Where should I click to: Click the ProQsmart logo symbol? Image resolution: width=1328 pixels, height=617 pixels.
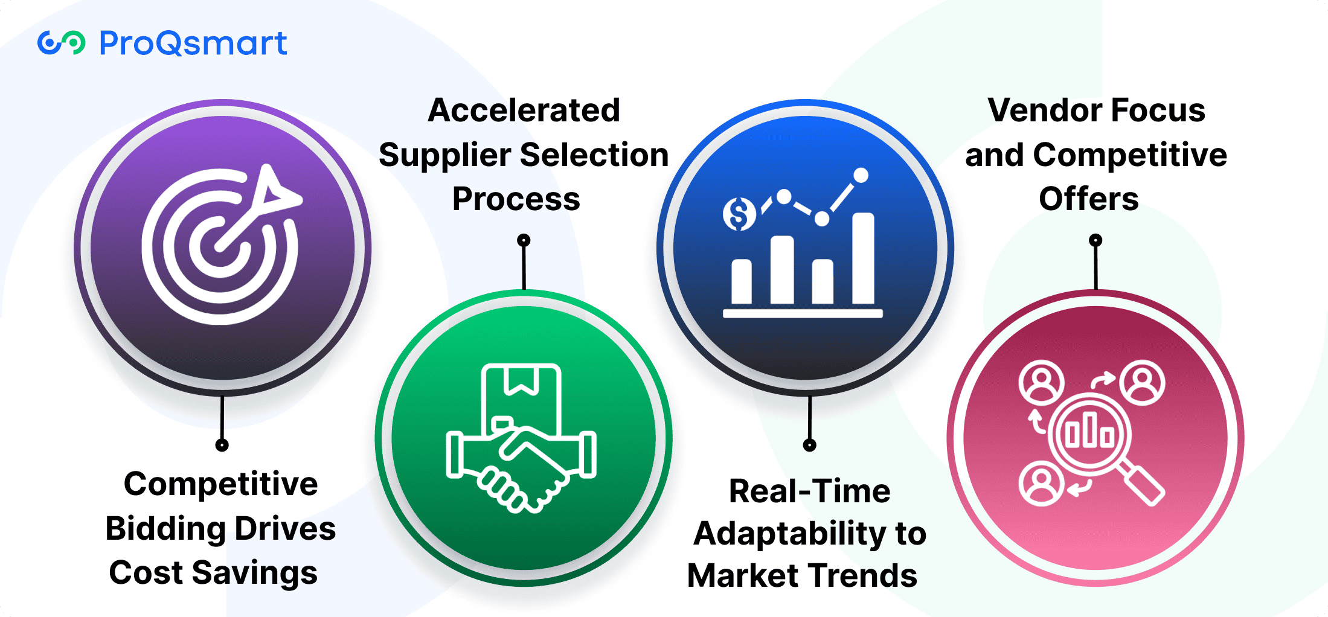click(x=61, y=43)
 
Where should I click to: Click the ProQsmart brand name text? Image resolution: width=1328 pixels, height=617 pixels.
click(x=193, y=43)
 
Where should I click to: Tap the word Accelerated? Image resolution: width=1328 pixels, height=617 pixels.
click(x=524, y=110)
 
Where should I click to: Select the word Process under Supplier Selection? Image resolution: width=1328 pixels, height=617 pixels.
click(x=516, y=200)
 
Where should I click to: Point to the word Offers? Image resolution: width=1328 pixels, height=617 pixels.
click(x=1089, y=199)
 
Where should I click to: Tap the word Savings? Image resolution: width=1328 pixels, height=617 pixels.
click(x=255, y=574)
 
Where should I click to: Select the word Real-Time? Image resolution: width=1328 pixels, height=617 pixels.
click(x=810, y=491)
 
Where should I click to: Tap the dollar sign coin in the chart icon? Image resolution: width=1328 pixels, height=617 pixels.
click(x=739, y=214)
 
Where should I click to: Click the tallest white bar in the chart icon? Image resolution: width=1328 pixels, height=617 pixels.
click(x=863, y=258)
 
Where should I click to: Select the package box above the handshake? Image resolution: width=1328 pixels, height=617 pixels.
click(x=521, y=398)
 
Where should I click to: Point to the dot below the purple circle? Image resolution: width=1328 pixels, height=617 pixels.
click(x=222, y=446)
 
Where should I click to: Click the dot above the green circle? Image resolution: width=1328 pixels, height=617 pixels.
click(x=524, y=240)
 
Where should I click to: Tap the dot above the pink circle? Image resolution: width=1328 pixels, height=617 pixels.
click(x=1095, y=240)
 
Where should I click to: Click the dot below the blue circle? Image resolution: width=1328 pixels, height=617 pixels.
click(x=810, y=446)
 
